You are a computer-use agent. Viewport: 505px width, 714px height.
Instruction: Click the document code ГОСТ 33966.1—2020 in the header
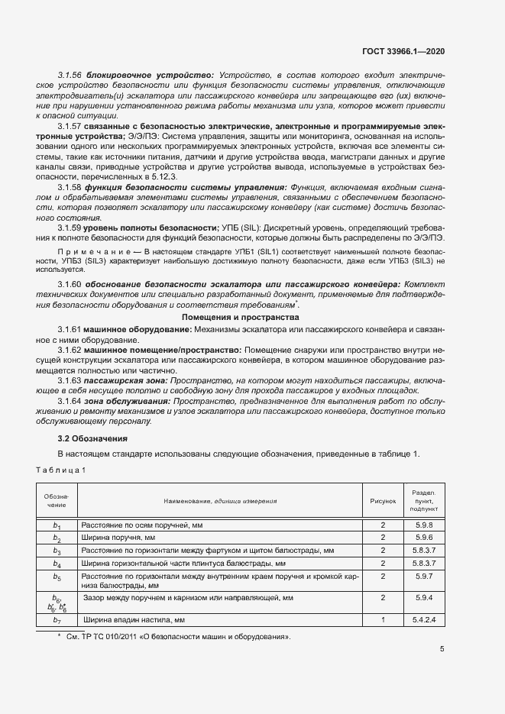tap(403, 51)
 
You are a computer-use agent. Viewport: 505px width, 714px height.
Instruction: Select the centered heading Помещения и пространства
tap(240, 316)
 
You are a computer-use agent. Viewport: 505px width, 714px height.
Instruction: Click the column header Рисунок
tap(383, 502)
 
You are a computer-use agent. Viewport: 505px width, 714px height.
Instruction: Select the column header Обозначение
tap(56, 502)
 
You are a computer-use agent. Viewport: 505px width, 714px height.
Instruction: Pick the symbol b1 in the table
tap(56, 526)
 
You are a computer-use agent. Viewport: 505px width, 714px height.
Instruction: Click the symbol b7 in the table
tap(56, 620)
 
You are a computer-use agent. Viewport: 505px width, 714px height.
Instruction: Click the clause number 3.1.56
tap(70, 76)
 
